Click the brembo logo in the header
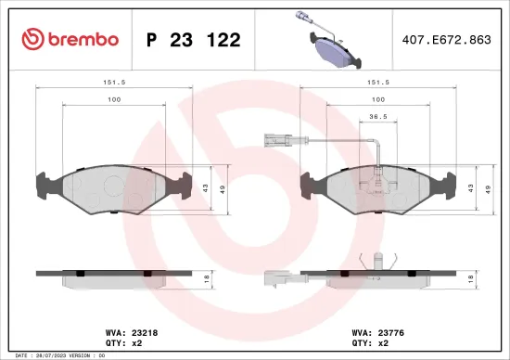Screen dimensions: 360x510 (70, 39)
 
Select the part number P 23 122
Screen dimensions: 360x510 (194, 40)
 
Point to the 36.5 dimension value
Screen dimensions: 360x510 (378, 117)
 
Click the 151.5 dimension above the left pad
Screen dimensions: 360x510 (114, 81)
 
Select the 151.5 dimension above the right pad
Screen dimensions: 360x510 (378, 81)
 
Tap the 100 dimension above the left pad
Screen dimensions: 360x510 (114, 98)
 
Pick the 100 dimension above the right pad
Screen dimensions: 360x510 (378, 98)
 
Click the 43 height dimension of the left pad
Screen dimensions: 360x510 (207, 189)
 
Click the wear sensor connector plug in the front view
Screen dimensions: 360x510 (274, 143)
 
